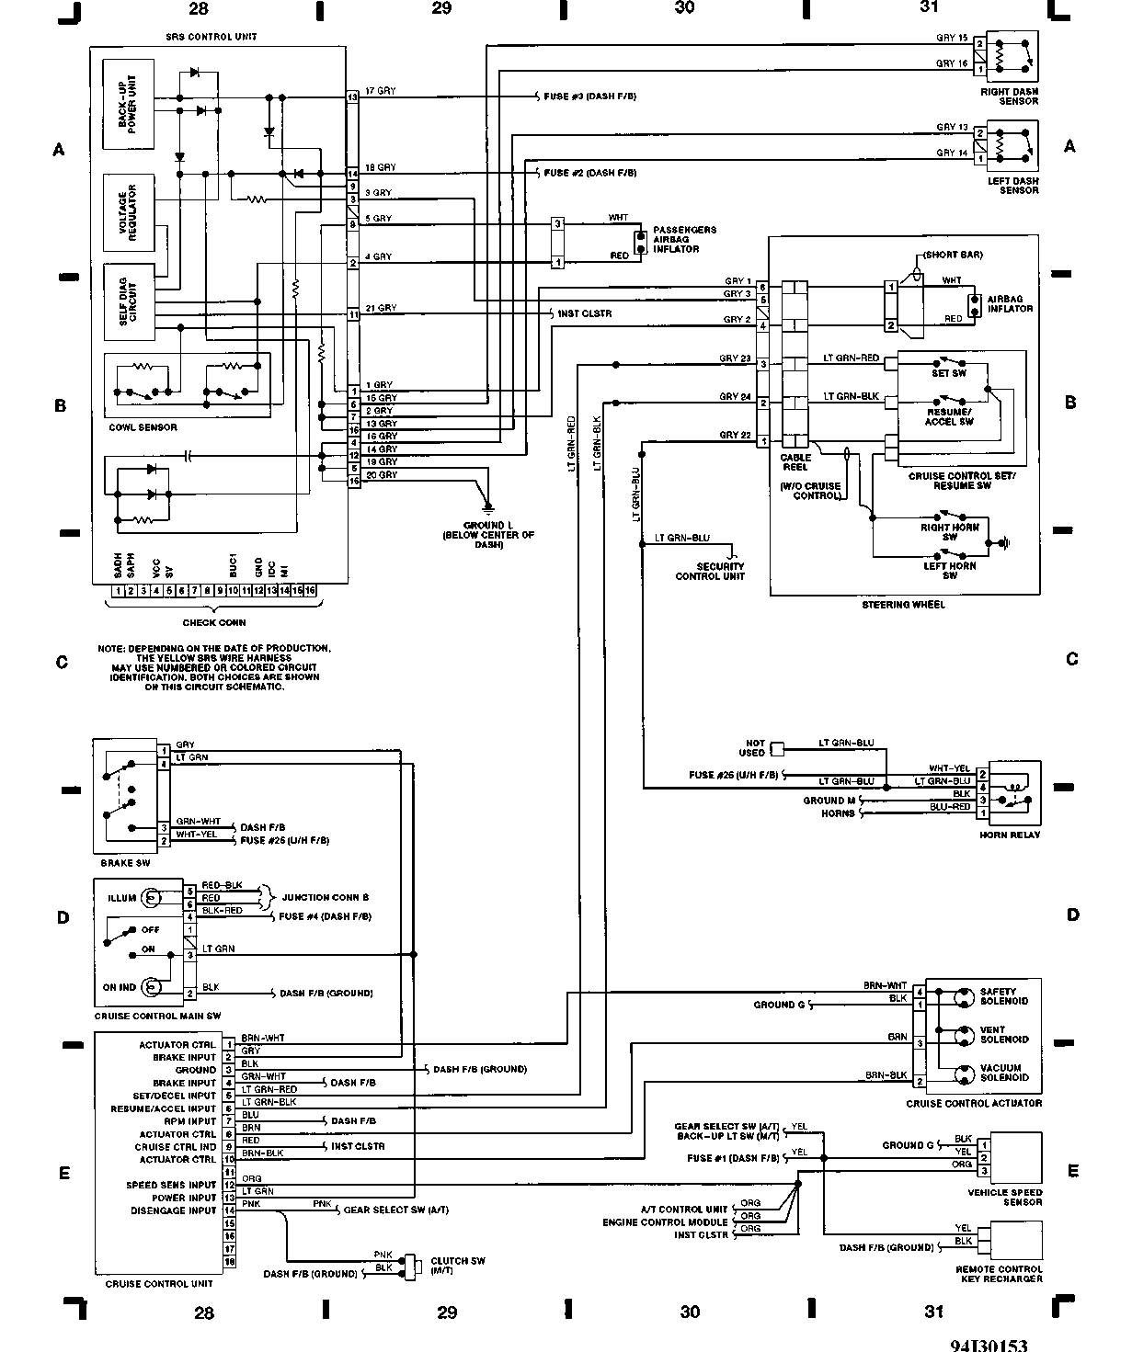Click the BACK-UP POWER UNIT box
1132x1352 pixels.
tap(129, 104)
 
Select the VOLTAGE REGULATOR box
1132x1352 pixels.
tap(129, 211)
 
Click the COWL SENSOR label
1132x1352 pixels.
tap(143, 427)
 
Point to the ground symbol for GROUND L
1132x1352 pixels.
tap(488, 507)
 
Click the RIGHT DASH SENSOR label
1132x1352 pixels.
tap(1012, 97)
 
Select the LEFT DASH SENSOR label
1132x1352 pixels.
tap(1012, 186)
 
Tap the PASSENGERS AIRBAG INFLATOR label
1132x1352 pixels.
tap(684, 239)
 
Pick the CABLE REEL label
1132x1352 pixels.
tap(795, 461)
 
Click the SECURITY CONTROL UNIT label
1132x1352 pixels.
tap(710, 571)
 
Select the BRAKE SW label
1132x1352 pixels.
tap(124, 863)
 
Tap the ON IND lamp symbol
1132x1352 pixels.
tap(154, 987)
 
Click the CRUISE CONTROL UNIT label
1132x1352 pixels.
tap(159, 1283)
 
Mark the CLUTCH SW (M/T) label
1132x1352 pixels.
tap(457, 1266)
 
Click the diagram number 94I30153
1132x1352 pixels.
tap(989, 1344)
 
